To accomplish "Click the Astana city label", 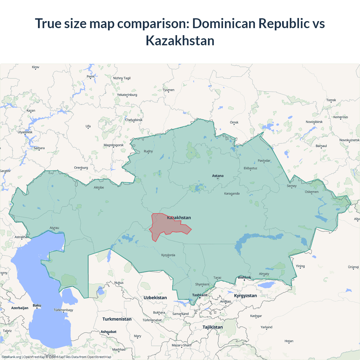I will (218, 176).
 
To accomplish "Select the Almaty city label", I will (264, 274).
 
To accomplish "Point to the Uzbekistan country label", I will (155, 298).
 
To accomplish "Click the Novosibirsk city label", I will (314, 122).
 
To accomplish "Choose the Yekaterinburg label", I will (127, 95).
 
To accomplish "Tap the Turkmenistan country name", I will (117, 319).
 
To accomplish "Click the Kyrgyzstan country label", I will (245, 296).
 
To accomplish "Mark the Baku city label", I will (37, 305).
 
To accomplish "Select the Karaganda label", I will (232, 193).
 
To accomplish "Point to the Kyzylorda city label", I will (168, 255).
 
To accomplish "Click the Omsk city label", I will (234, 122).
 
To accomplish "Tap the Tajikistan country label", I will (212, 327).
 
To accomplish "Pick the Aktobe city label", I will (99, 187).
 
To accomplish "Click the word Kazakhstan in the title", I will (180, 40).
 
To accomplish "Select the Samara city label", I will (39, 148).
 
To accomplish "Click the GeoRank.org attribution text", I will (11, 357).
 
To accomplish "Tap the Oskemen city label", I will (312, 192).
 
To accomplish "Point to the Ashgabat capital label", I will (109, 332).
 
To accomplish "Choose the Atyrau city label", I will (54, 228).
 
